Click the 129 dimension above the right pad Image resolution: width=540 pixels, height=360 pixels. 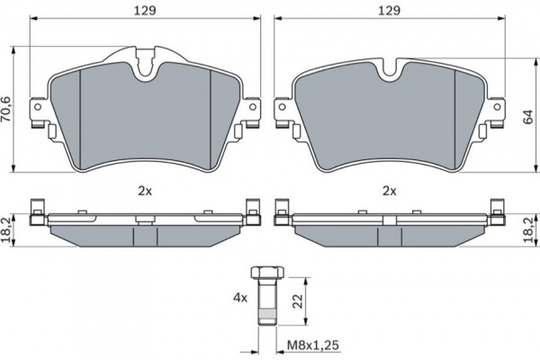[x=388, y=12]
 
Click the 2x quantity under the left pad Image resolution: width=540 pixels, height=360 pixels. [x=145, y=191]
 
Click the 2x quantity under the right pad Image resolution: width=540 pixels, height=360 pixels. [x=389, y=191]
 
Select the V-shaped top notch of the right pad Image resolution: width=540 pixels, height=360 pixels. [x=389, y=68]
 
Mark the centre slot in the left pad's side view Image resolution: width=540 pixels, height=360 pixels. [x=145, y=234]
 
